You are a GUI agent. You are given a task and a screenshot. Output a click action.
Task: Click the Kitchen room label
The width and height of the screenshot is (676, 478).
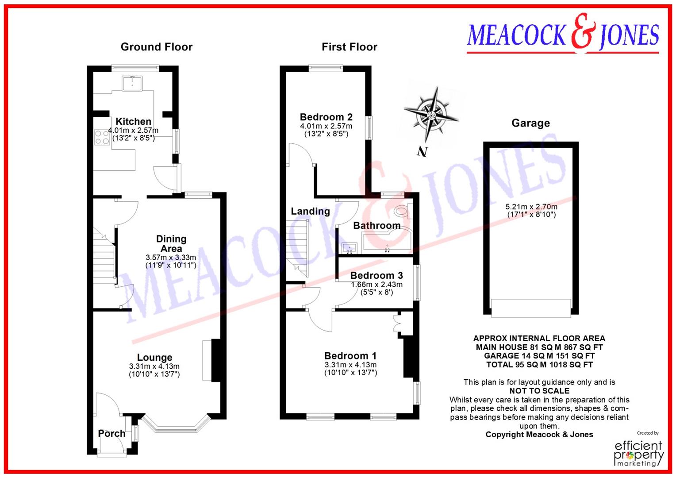click(133, 121)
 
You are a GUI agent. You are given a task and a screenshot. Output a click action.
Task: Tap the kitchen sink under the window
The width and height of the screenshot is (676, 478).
click(132, 83)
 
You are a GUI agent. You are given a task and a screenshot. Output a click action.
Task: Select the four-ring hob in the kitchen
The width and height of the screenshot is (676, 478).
click(102, 137)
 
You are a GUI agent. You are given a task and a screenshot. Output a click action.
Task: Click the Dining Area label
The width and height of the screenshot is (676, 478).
click(171, 244)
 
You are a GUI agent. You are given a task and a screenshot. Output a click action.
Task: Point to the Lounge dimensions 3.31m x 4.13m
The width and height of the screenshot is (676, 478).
click(154, 366)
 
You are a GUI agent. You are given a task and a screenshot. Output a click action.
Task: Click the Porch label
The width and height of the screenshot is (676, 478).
click(111, 433)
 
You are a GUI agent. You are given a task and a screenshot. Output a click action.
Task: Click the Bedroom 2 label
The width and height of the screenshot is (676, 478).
click(326, 117)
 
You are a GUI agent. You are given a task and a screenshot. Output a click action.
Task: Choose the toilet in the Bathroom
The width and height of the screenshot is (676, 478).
click(402, 212)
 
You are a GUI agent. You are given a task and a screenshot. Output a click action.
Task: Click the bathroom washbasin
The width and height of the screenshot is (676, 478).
click(349, 247)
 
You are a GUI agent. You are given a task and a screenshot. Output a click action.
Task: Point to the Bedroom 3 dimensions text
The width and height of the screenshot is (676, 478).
click(376, 288)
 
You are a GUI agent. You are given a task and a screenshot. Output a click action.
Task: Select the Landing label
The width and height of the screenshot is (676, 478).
click(310, 211)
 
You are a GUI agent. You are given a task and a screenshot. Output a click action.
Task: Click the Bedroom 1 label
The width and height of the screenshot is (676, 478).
click(350, 355)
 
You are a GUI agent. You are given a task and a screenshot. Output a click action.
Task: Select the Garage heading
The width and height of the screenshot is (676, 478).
click(530, 123)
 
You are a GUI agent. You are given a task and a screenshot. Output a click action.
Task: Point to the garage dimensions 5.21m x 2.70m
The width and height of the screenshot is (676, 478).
click(531, 207)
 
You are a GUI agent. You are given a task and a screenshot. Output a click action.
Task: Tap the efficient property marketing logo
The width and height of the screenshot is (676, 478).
click(639, 453)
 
